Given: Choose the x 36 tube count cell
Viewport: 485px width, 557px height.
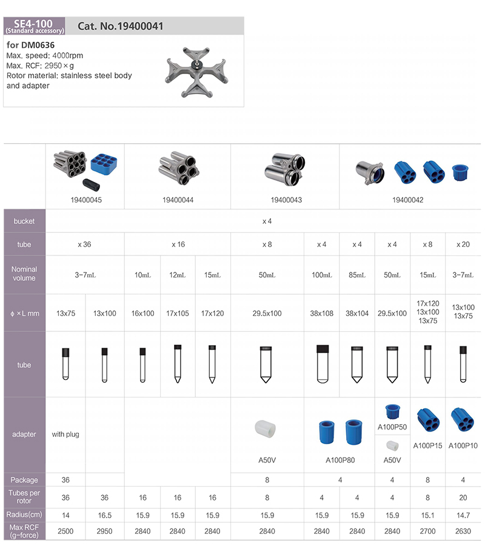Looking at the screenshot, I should [85, 245].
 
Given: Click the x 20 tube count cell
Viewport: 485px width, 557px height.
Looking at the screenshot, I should [464, 245].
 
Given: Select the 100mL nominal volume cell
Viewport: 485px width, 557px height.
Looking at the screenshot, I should [322, 275].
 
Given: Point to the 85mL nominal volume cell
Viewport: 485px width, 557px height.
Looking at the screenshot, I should [357, 275].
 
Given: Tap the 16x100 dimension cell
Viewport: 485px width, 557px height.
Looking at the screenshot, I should [142, 314].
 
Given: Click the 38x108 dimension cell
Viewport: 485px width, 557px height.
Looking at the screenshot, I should [322, 314].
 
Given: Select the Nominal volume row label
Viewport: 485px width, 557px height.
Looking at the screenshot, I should [25, 274].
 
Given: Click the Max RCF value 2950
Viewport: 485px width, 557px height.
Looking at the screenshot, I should [105, 532].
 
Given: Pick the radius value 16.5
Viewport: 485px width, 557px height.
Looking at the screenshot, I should [105, 515].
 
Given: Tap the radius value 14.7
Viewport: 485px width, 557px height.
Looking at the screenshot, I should [464, 515].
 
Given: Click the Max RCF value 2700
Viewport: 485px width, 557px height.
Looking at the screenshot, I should [428, 532].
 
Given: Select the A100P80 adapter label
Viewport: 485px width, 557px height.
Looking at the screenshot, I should [339, 460].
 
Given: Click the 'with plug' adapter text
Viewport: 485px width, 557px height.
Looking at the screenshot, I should [65, 434].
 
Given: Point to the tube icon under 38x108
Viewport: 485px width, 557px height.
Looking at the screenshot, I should [322, 364].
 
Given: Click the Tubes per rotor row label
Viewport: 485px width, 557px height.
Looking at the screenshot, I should [25, 498].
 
